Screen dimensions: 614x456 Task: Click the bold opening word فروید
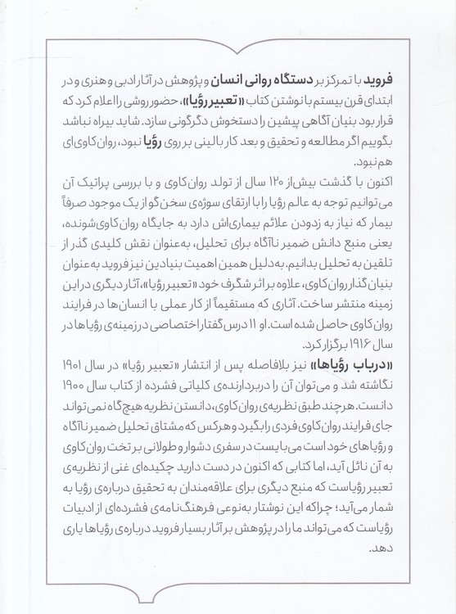point(378,83)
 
